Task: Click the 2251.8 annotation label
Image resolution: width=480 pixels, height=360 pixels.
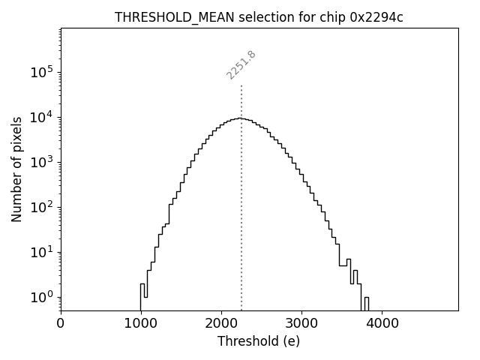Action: [x=241, y=65]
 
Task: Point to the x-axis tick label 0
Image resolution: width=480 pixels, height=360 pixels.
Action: [x=61, y=324]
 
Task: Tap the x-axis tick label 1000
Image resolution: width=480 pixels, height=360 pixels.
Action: [x=141, y=324]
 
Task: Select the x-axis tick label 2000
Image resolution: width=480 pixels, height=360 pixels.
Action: [x=221, y=324]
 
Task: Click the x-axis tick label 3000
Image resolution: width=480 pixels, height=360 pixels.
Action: [x=301, y=324]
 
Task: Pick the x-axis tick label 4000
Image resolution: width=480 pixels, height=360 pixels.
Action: [x=382, y=324]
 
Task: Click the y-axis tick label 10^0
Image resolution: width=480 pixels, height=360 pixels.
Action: [x=41, y=297]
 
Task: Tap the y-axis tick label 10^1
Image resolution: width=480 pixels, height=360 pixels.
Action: [x=41, y=252]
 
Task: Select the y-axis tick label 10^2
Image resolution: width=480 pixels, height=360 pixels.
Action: [x=41, y=207]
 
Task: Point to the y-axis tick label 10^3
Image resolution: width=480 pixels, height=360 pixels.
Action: [x=41, y=162]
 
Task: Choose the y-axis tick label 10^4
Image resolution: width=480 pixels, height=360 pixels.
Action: [x=41, y=117]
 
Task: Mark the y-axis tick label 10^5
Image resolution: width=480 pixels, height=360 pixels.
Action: [x=41, y=72]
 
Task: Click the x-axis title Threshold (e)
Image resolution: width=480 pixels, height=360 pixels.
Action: [x=259, y=341]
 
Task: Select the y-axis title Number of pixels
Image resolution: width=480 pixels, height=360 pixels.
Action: [x=16, y=169]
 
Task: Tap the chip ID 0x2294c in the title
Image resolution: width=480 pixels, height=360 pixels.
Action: [x=376, y=17]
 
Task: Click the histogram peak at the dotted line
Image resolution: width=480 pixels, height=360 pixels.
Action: [x=241, y=118]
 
